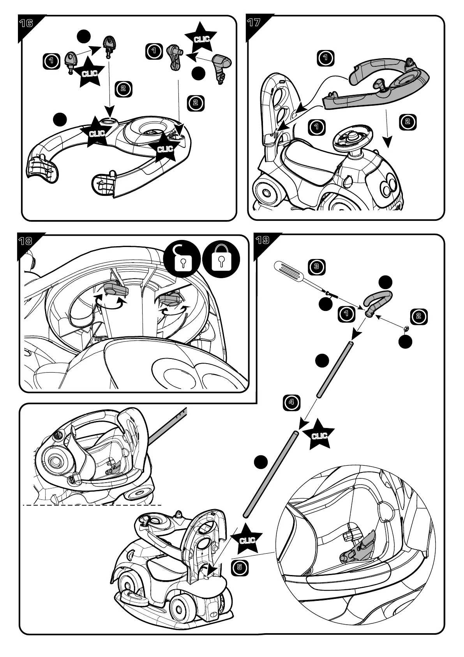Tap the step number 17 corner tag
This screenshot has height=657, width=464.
click(254, 22)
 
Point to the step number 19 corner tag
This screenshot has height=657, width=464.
click(262, 240)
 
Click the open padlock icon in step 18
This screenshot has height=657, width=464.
click(182, 259)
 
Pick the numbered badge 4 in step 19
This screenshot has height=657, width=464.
click(291, 402)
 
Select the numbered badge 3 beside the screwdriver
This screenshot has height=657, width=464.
click(316, 267)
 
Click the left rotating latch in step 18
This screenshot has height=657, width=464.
click(115, 289)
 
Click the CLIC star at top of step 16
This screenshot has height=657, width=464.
click(201, 39)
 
